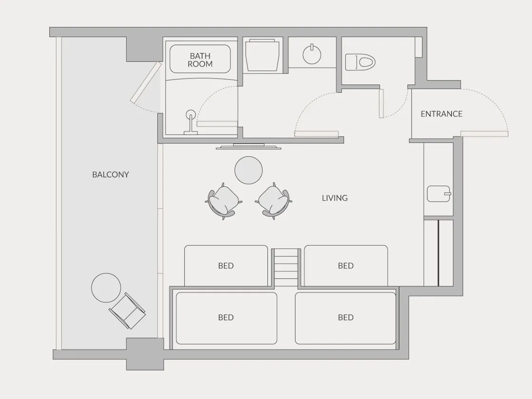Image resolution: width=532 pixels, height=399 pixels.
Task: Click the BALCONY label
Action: click(111, 174)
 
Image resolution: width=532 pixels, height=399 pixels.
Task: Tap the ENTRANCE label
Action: click(441, 114)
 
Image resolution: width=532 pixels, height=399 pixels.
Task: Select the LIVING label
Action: click(334, 198)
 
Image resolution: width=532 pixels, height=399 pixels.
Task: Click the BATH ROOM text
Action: click(200, 60)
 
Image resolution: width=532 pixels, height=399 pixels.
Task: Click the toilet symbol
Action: click(360, 62)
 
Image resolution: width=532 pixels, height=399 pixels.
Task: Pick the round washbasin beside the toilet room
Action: click(312, 54)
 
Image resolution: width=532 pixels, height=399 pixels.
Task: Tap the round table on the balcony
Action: click(106, 288)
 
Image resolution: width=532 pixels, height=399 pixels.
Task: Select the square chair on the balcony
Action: click(127, 311)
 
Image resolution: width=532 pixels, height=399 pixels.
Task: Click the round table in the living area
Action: click(248, 170)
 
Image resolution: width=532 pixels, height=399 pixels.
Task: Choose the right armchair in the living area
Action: click(274, 201)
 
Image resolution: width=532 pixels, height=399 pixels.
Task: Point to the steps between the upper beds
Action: click(286, 267)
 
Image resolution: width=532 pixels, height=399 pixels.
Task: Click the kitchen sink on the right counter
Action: click(439, 194)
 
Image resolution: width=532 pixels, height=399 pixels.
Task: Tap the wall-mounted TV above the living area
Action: click(248, 147)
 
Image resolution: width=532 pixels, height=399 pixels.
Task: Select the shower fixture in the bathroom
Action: click(190, 122)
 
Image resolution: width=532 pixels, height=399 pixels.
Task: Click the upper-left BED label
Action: click(226, 266)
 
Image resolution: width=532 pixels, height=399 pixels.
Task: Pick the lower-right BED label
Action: click(346, 317)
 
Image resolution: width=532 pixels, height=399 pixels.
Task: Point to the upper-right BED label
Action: click(346, 266)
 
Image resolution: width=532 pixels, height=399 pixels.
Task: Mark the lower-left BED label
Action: click(226, 317)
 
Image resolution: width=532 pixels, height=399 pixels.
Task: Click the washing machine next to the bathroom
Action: click(262, 55)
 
